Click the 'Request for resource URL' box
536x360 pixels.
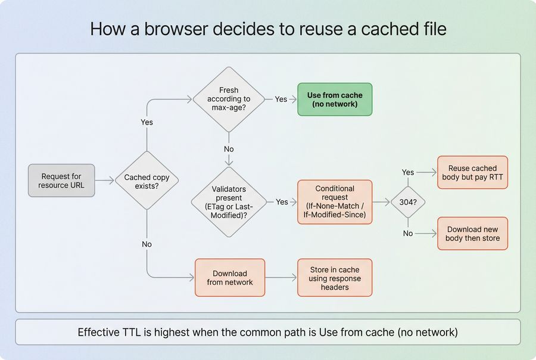pos(61,181)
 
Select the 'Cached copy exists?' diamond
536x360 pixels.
pos(147,181)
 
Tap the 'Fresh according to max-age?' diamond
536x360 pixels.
pos(229,99)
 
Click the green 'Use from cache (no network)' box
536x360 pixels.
pos(335,100)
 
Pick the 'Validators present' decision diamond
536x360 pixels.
pos(229,202)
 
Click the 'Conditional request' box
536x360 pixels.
pos(335,202)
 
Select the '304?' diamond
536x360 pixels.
pos(407,202)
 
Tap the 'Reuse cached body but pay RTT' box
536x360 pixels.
pos(472,173)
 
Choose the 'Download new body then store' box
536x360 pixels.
pos(472,234)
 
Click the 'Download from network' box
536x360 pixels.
pos(230,278)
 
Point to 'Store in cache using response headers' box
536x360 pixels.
pos(335,278)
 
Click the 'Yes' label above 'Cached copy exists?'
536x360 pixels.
pos(147,122)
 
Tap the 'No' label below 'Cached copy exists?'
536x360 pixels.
pos(147,244)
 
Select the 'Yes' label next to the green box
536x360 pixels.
pos(281,100)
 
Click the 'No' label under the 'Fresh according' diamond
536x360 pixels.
pos(229,149)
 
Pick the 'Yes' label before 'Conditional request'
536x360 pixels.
pos(282,202)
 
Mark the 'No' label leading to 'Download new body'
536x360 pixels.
pos(407,234)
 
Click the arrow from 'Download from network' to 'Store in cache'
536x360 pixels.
pos(281,278)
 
